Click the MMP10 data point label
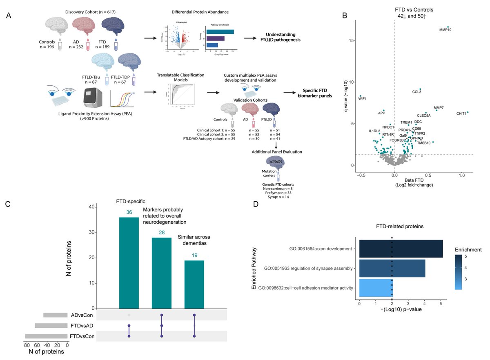pyautogui.click(x=445, y=30)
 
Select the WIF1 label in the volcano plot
pyautogui.click(x=362, y=98)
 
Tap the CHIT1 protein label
pyautogui.click(x=461, y=113)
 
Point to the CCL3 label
pyautogui.click(x=417, y=92)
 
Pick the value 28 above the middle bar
pyautogui.click(x=162, y=233)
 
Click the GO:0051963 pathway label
pyautogui.click(x=310, y=269)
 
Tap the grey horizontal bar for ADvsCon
pyautogui.click(x=55, y=315)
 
